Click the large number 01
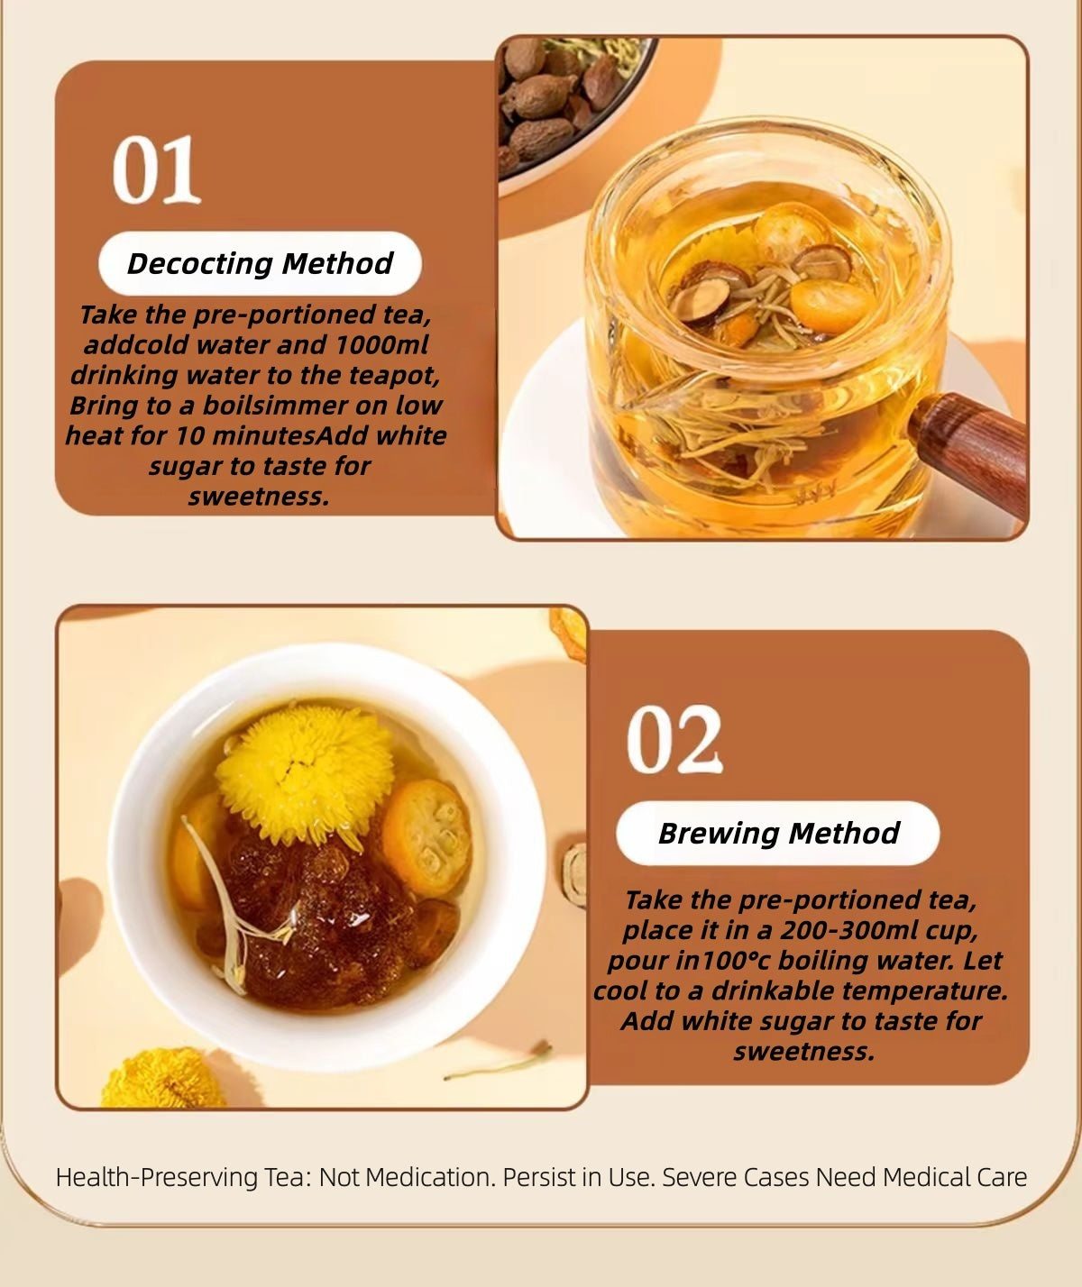pos(157,169)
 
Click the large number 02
pos(674,739)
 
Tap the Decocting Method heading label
pos(260,263)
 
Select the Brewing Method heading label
pos(778,833)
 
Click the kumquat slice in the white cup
pos(426,837)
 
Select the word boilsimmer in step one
pos(267,406)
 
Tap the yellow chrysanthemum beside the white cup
pos(162,1079)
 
